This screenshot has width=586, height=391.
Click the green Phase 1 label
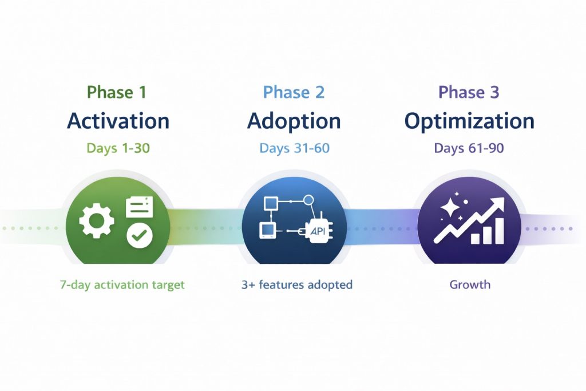(117, 92)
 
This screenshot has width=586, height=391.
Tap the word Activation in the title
(118, 121)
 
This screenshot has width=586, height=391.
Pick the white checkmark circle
(139, 235)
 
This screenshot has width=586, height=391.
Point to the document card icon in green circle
(139, 207)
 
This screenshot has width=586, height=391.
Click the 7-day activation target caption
(122, 285)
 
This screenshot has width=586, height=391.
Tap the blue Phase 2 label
(294, 92)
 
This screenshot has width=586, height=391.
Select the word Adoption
(294, 121)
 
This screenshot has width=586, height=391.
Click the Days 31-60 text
(294, 148)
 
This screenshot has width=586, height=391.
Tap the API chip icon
(319, 230)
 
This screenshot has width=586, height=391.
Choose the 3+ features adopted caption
(297, 285)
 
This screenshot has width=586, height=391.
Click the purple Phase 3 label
(469, 92)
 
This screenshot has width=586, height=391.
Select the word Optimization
(469, 121)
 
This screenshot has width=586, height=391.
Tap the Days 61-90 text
(469, 148)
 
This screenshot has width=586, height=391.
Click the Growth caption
(469, 285)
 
